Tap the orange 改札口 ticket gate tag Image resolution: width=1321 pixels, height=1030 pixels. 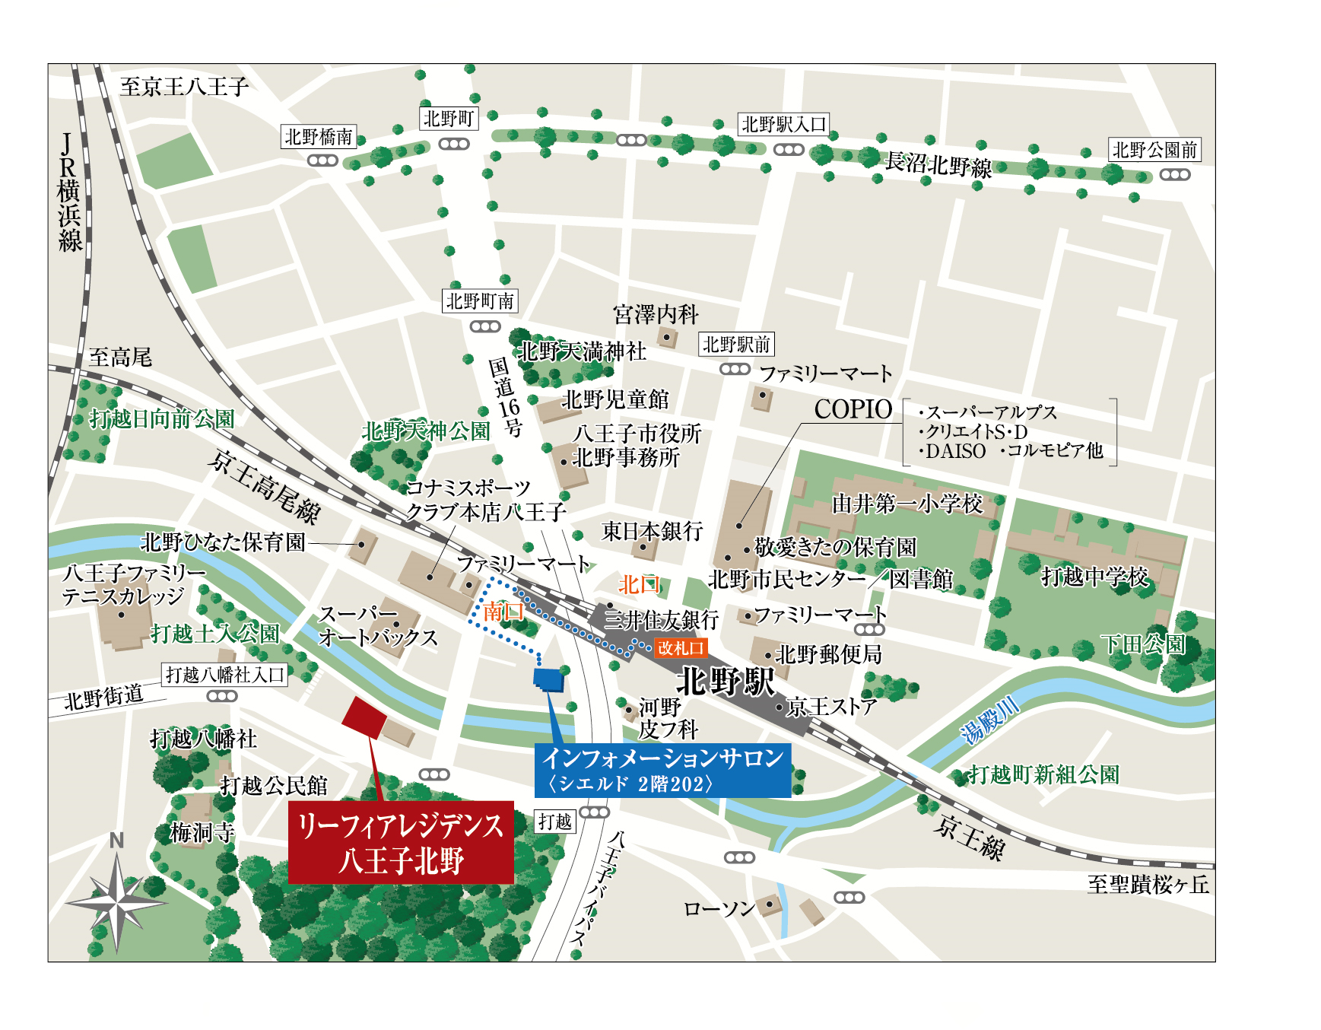pyautogui.click(x=681, y=648)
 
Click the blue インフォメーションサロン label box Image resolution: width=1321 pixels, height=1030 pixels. pyautogui.click(x=662, y=770)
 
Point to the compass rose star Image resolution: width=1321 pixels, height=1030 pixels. pyautogui.click(x=116, y=902)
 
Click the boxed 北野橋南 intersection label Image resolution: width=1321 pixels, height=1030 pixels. pyautogui.click(x=319, y=137)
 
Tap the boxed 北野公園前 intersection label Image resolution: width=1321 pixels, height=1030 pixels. pyautogui.click(x=1154, y=150)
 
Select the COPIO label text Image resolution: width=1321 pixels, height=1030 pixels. pyautogui.click(x=853, y=409)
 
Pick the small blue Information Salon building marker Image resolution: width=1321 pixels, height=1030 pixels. pyautogui.click(x=548, y=679)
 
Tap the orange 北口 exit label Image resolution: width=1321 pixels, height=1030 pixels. pyautogui.click(x=637, y=584)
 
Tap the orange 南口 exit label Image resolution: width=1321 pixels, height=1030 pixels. pyautogui.click(x=503, y=612)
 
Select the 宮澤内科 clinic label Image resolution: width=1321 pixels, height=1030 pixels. pyautogui.click(x=655, y=314)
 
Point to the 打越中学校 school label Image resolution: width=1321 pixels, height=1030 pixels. pyautogui.click(x=1094, y=577)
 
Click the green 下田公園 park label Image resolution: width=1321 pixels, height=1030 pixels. pyautogui.click(x=1142, y=644)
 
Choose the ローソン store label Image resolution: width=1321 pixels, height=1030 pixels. pyautogui.click(x=719, y=909)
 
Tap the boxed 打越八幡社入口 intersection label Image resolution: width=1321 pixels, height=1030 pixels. pyautogui.click(x=224, y=675)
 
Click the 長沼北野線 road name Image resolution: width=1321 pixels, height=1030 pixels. pyautogui.click(x=938, y=164)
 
